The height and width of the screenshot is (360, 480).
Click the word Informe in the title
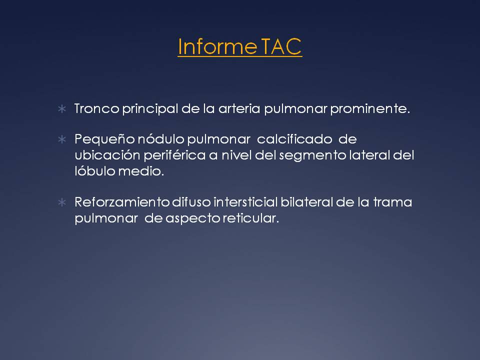[x=217, y=46]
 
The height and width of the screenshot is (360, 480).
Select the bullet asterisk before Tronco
[x=62, y=108]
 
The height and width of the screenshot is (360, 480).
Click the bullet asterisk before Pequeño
[x=62, y=139]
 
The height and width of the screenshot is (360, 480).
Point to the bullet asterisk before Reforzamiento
[x=62, y=202]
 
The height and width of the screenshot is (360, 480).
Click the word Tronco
[x=97, y=108]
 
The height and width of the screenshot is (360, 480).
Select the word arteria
[x=239, y=108]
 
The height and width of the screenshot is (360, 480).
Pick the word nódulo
[x=161, y=139]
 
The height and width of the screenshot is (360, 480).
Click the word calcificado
[x=294, y=139]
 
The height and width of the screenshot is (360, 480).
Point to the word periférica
[x=174, y=155]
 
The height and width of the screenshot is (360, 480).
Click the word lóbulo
[x=95, y=171]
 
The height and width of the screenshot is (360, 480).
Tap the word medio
[x=141, y=171]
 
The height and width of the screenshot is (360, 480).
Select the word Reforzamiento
[x=122, y=202]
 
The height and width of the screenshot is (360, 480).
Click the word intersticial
[x=245, y=202]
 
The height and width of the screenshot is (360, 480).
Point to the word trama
[x=392, y=202]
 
